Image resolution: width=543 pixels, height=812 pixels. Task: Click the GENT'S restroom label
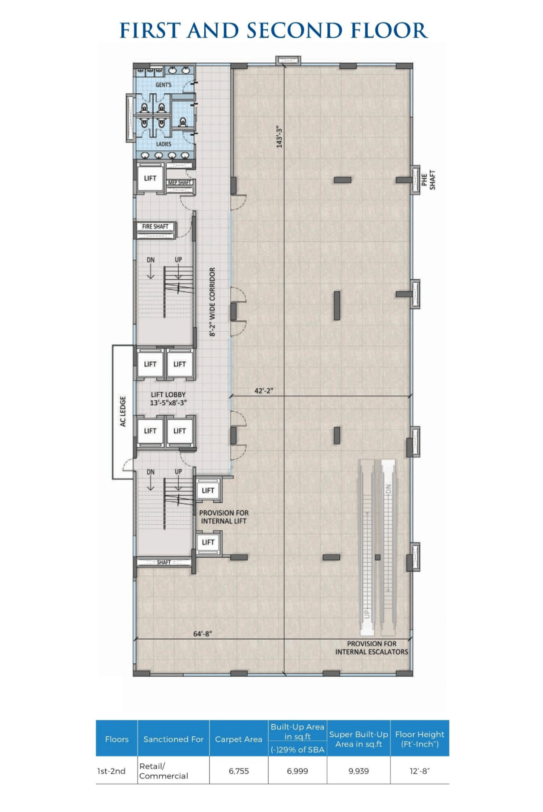(x=163, y=85)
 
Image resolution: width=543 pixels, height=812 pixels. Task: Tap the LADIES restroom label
(x=163, y=144)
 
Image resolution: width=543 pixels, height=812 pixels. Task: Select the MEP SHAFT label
(x=180, y=182)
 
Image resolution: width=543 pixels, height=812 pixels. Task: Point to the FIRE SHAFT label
(x=155, y=227)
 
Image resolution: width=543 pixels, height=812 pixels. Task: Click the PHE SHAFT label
(x=428, y=180)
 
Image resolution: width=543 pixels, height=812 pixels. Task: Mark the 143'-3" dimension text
(x=280, y=137)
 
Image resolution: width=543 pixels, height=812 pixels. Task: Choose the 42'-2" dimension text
(x=264, y=390)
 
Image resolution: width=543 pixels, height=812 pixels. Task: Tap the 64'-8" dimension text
(x=203, y=634)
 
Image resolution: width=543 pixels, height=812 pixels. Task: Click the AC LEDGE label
(x=123, y=411)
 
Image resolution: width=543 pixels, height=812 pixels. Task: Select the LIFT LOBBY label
(x=168, y=395)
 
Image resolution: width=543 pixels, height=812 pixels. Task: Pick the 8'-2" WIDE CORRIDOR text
(x=212, y=302)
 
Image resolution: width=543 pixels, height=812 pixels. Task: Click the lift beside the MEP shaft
(x=150, y=178)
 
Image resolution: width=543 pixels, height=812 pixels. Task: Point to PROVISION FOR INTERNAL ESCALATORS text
(x=372, y=648)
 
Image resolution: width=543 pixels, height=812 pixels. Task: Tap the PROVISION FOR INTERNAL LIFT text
(x=224, y=517)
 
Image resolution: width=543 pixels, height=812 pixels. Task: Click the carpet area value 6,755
(x=239, y=771)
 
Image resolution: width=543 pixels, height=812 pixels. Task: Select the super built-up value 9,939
(x=359, y=771)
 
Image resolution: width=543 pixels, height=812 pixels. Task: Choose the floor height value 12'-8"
(x=420, y=771)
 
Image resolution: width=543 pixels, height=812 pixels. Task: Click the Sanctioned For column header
(x=174, y=739)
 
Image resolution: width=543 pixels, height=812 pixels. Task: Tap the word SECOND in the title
(x=295, y=31)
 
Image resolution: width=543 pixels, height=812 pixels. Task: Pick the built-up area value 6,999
(x=297, y=771)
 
